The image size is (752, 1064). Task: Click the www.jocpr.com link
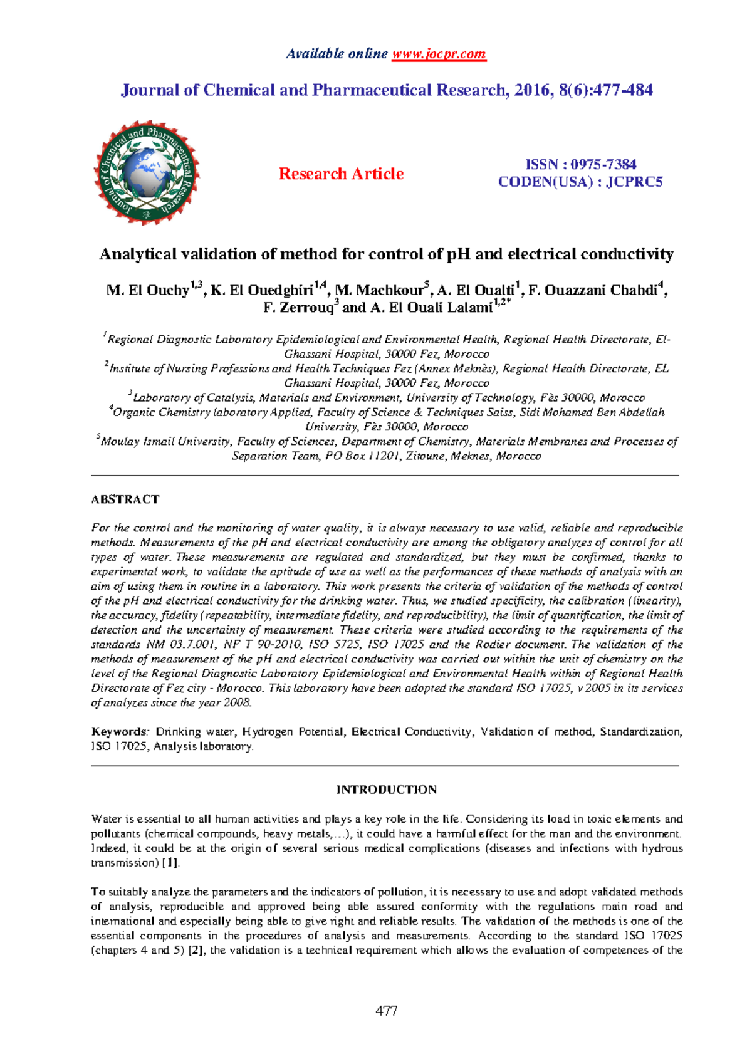pos(439,54)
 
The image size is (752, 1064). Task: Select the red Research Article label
pos(341,174)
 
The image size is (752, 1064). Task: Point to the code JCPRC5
pos(634,182)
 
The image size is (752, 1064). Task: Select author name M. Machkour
pos(380,290)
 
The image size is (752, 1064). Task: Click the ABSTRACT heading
pos(125,499)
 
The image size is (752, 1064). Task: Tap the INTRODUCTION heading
pos(386,790)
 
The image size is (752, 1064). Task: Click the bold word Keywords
pos(118,732)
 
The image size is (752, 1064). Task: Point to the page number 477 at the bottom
pos(386,1010)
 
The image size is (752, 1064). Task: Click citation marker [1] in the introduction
pos(170,863)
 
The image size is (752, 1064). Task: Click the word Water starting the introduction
pos(106,819)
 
